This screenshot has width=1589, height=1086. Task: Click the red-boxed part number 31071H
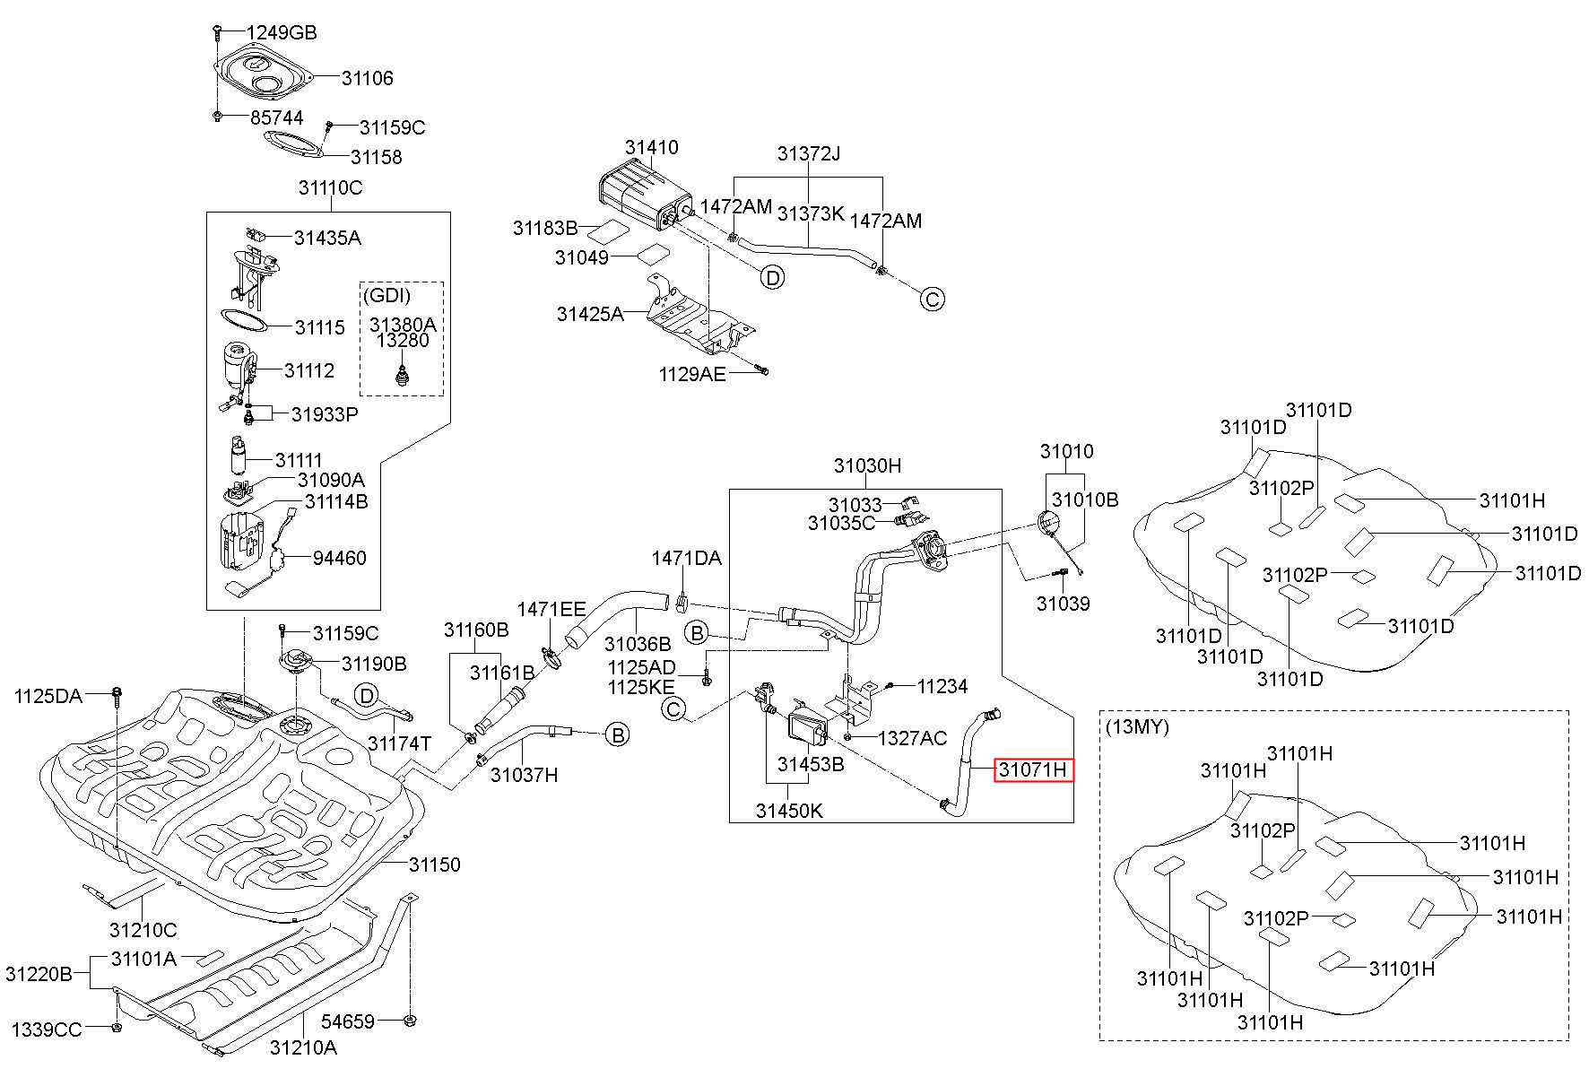[x=1033, y=769]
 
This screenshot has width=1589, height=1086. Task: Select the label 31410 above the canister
[x=652, y=147]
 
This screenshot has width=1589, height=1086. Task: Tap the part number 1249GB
[x=282, y=33]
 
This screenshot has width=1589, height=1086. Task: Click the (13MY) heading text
[x=1138, y=726]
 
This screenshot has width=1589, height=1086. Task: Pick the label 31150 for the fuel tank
[x=435, y=864]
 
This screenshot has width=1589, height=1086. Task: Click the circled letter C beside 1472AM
[x=933, y=299]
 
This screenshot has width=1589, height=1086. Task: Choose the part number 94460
[x=340, y=558]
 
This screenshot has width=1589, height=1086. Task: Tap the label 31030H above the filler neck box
[x=867, y=465]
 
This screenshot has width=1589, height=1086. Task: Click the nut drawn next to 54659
[x=409, y=1020]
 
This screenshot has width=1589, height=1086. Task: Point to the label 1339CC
[x=47, y=1030]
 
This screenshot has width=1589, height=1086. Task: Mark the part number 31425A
[x=590, y=314]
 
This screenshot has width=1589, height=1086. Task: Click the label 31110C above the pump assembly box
[x=330, y=187]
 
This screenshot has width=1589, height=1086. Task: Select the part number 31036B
[x=638, y=644]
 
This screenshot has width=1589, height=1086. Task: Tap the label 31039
[x=1064, y=604]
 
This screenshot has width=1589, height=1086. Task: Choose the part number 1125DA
[x=48, y=695]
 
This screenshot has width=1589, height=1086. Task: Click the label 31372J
[x=809, y=153]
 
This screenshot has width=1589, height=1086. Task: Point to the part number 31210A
[x=303, y=1047]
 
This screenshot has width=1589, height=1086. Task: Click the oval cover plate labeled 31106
[x=264, y=75]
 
